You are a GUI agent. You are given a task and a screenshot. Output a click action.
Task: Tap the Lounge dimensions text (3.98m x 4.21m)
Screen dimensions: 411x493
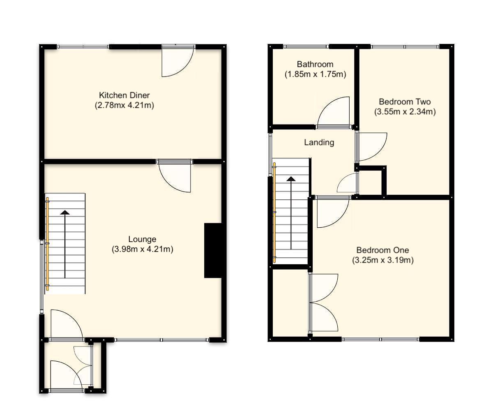(x=142, y=249)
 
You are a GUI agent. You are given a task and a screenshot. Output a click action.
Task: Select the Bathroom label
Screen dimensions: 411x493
(x=315, y=64)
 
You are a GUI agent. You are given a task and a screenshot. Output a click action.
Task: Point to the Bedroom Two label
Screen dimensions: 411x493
(x=405, y=102)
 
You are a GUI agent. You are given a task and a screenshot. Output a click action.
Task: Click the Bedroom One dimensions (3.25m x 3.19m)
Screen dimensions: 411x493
(x=382, y=260)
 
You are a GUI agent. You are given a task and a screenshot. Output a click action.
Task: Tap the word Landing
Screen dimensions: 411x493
(x=319, y=143)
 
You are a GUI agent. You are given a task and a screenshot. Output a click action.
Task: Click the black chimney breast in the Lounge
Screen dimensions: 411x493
(x=213, y=250)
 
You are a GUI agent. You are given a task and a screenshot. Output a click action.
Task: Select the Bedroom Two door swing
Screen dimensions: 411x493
(x=371, y=146)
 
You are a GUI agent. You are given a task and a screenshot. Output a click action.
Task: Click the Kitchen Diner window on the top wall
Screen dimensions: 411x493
(x=83, y=46)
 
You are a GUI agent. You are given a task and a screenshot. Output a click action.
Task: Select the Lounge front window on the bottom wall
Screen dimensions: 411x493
(x=161, y=340)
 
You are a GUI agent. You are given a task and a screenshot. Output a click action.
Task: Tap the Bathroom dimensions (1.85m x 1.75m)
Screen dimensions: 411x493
(x=315, y=74)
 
